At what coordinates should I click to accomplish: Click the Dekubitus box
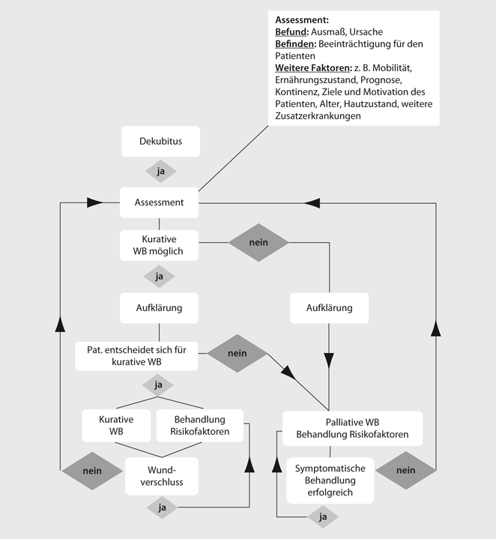pyautogui.click(x=160, y=141)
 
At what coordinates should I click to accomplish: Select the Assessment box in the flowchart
pyautogui.click(x=159, y=202)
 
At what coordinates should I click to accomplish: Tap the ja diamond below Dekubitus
pyautogui.click(x=160, y=172)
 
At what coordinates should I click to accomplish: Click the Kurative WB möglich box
pyautogui.click(x=159, y=244)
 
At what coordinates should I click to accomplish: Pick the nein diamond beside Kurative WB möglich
pyautogui.click(x=258, y=242)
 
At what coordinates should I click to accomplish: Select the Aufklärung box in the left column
pyautogui.click(x=159, y=308)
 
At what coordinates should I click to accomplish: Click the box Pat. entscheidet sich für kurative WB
pyautogui.click(x=137, y=355)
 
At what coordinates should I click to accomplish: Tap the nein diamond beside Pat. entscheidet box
pyautogui.click(x=237, y=353)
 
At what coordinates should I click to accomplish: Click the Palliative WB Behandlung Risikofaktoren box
pyautogui.click(x=351, y=427)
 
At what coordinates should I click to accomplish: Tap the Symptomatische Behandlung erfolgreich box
pyautogui.click(x=330, y=481)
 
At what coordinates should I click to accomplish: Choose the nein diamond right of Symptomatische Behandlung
pyautogui.click(x=405, y=472)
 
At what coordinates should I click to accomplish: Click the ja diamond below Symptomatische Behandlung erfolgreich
pyautogui.click(x=324, y=517)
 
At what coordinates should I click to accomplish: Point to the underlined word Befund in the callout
pyautogui.click(x=291, y=32)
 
